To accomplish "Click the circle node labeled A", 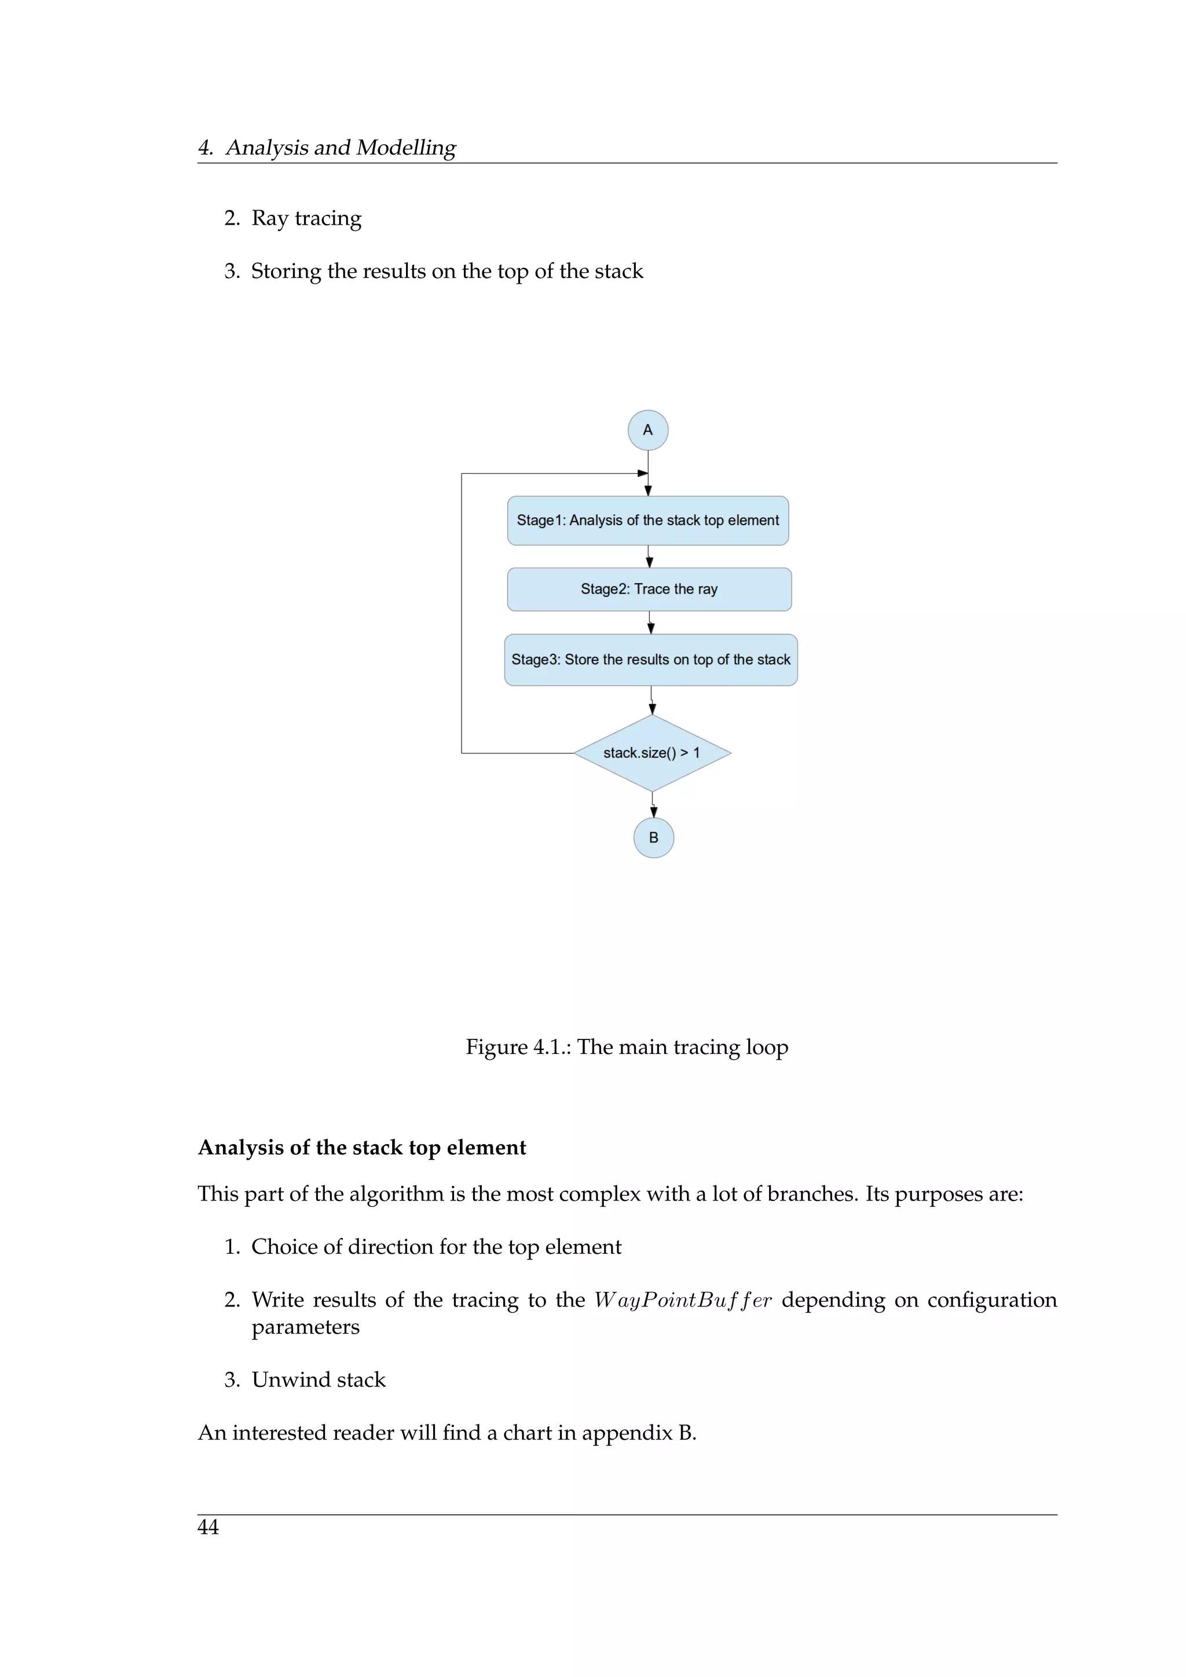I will (x=648, y=430).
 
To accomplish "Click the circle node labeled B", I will (x=654, y=838).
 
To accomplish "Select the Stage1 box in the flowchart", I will (x=648, y=521).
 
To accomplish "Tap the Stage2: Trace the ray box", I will (x=649, y=589).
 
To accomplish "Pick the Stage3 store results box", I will (x=651, y=660).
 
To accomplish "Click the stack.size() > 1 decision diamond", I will (x=652, y=753).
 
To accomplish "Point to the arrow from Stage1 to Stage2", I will (x=649, y=556).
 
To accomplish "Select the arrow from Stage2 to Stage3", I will (x=650, y=623).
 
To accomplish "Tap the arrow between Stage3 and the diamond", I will (x=652, y=701).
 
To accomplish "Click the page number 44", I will (x=208, y=1527).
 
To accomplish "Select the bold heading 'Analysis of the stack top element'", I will (x=361, y=1148).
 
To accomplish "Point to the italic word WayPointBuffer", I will (x=682, y=1301).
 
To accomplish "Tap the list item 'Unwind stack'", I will (x=319, y=1380).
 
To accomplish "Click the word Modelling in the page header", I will (x=406, y=148).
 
